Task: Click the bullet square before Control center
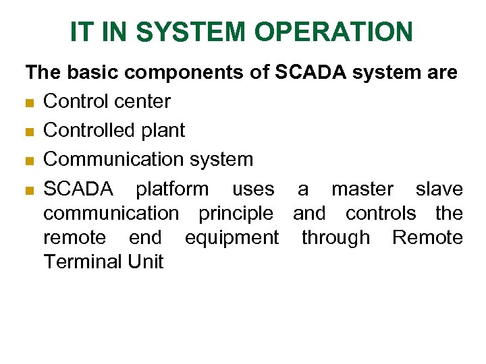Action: (30, 102)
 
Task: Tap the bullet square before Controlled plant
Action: (30, 131)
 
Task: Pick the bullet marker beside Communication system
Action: (30, 160)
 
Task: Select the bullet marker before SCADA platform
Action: (30, 190)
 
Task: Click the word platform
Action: (172, 189)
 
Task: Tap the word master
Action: (362, 189)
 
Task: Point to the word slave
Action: (439, 189)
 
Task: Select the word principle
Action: (236, 214)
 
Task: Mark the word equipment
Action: (231, 238)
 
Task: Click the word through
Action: (335, 238)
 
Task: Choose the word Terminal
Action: (80, 262)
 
